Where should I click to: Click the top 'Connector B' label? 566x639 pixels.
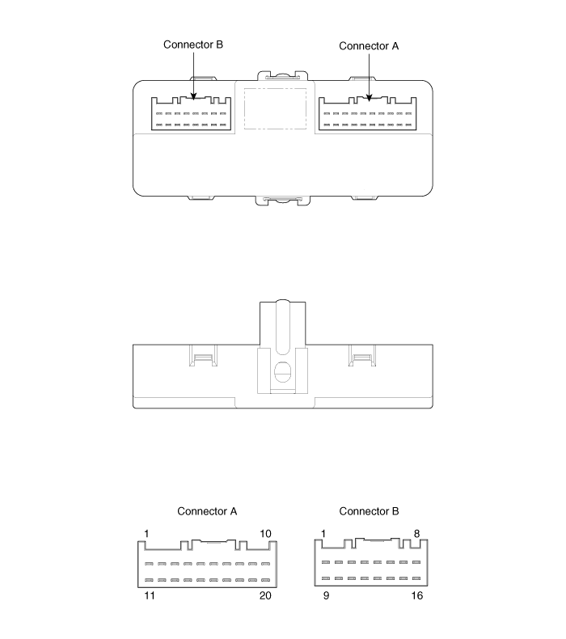tap(193, 44)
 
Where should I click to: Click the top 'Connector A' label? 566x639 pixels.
tap(369, 46)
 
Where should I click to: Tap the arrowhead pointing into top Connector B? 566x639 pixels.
tap(193, 98)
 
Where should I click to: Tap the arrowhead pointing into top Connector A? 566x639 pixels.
tap(369, 98)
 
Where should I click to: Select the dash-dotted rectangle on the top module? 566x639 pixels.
tap(274, 108)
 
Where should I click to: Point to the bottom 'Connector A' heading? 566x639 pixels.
tap(207, 511)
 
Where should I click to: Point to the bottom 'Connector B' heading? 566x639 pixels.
tap(369, 511)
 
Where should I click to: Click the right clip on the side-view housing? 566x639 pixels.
tap(361, 354)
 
